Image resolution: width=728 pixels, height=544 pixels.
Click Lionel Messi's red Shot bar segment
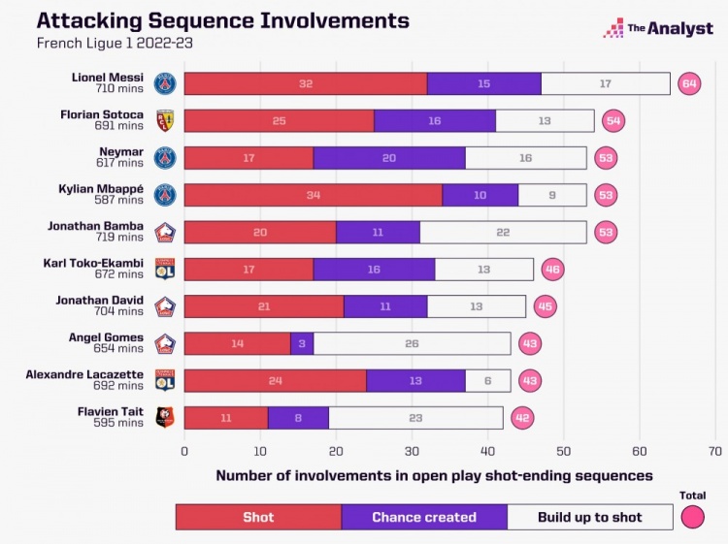305,84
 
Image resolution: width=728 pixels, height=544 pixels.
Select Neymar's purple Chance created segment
389,158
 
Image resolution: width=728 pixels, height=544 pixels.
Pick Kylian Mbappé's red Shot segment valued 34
313,195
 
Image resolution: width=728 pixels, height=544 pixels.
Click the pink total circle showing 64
690,84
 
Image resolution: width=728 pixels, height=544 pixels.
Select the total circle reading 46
552,270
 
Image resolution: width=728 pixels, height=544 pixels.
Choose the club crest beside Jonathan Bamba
165,233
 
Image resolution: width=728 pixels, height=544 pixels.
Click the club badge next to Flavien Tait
165,418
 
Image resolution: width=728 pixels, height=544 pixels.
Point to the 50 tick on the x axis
564,451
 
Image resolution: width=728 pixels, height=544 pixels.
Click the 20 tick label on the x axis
336,451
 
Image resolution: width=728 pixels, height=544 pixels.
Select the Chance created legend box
424,517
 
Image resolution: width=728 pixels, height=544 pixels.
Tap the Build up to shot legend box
590,517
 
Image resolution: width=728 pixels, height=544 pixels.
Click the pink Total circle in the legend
692,517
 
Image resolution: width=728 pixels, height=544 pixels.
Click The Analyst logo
658,29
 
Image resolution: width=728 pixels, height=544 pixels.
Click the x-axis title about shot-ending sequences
434,475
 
